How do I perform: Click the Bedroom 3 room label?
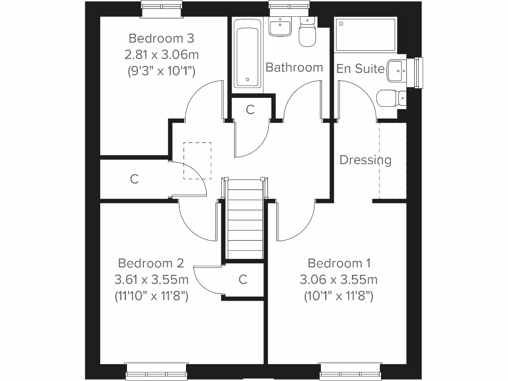(161, 38)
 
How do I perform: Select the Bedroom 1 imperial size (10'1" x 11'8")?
(338, 296)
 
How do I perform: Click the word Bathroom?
(294, 67)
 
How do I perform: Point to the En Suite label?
(360, 68)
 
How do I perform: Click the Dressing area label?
(365, 160)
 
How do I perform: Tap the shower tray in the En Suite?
(366, 35)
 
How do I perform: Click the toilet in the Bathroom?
(308, 33)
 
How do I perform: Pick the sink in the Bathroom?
(281, 27)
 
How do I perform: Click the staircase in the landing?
(245, 218)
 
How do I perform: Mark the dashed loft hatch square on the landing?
(197, 160)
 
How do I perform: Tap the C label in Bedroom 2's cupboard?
(243, 280)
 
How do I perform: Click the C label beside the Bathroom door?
(250, 110)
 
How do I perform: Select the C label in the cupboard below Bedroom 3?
(134, 179)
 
